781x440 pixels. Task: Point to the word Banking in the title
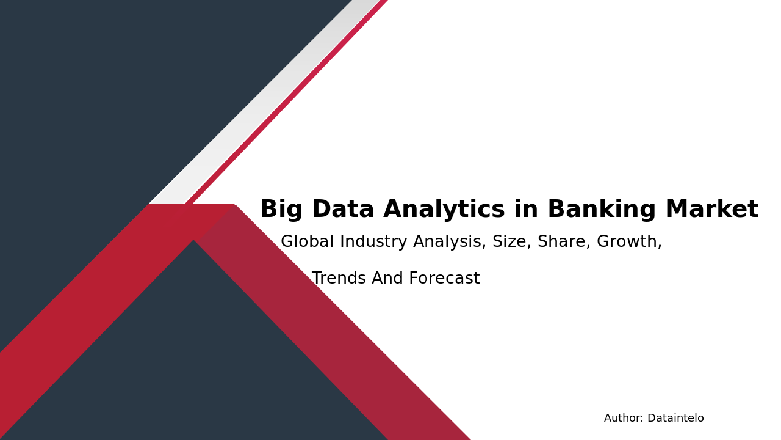coord(601,210)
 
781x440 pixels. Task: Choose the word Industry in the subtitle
coord(373,243)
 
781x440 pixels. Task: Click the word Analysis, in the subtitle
coord(450,243)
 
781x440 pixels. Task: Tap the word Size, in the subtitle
coord(512,243)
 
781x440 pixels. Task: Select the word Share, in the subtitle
coord(564,243)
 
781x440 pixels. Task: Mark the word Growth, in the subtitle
coord(629,243)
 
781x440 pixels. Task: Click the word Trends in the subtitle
coord(339,279)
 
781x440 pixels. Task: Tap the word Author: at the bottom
coord(624,419)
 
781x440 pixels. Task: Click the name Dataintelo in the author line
coord(675,419)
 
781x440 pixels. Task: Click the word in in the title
coord(526,210)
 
